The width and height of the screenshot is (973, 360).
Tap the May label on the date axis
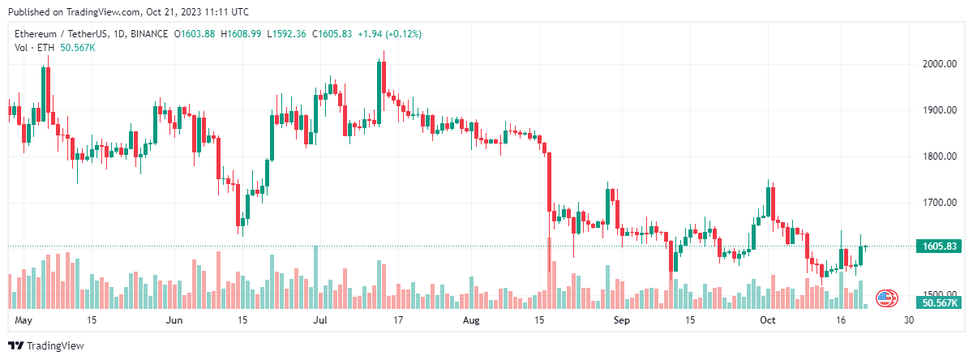point(24,320)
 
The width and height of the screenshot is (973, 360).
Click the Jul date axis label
point(321,320)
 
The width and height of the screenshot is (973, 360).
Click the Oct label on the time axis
point(768,320)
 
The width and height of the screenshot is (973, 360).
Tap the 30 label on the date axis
point(909,320)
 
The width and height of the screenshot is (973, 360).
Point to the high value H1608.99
point(241,34)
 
